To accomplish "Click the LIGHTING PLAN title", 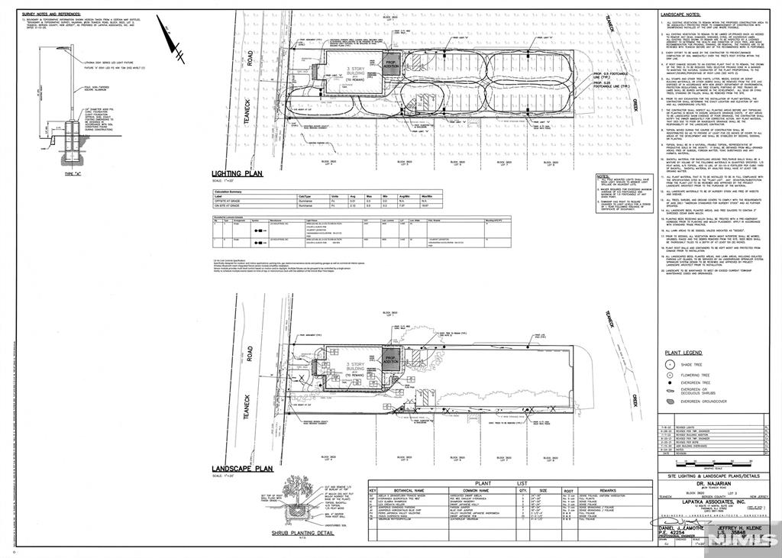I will [x=237, y=174].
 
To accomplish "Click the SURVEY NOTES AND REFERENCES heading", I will [x=50, y=13].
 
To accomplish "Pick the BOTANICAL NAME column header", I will [x=408, y=492].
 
